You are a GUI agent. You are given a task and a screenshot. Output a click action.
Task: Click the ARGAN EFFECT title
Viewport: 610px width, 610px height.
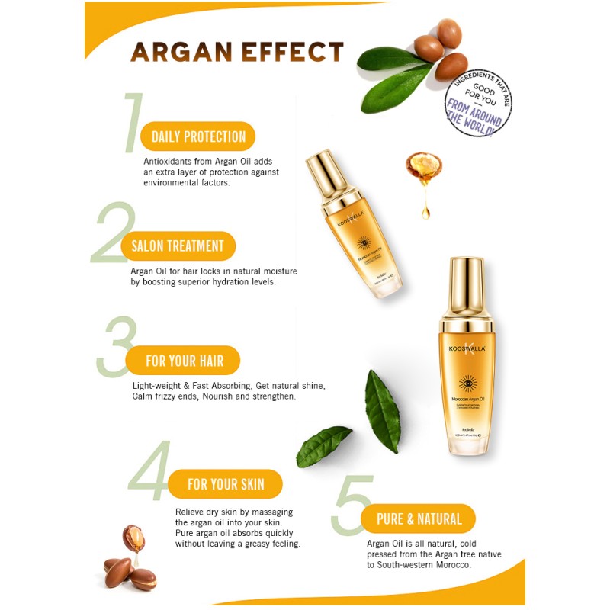[237, 52]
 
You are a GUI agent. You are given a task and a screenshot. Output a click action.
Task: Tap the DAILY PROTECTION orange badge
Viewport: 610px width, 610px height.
[198, 137]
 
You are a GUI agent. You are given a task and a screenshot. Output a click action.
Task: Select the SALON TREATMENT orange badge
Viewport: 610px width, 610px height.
[178, 246]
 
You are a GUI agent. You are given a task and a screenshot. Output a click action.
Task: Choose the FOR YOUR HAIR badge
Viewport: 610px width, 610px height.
[185, 361]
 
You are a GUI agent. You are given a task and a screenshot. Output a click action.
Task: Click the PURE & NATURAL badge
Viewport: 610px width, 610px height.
[419, 519]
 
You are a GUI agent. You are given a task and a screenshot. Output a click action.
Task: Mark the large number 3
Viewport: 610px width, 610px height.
[117, 347]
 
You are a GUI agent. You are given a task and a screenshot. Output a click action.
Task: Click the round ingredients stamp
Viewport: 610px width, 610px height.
[478, 104]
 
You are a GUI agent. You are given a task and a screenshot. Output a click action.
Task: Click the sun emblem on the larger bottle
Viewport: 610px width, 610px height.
[464, 379]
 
